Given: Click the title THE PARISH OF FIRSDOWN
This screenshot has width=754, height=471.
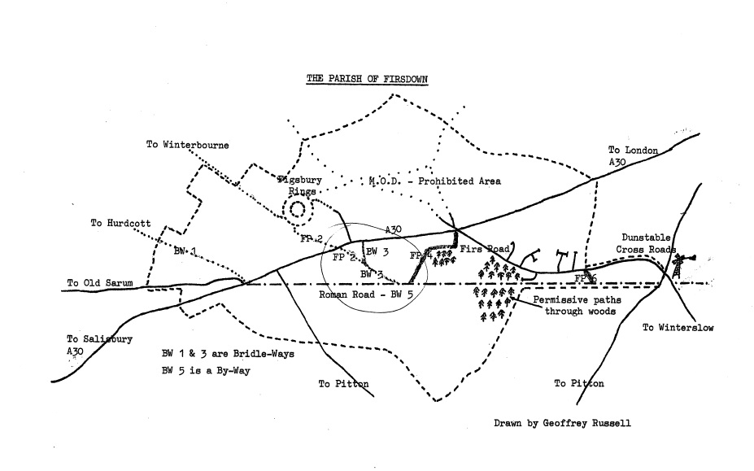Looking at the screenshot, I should pos(367,79).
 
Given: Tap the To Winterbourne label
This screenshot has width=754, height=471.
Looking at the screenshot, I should pos(187,146).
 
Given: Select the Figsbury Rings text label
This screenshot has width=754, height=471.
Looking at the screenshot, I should pos(297,184).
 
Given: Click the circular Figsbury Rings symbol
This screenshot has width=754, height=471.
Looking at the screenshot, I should pos(297,209).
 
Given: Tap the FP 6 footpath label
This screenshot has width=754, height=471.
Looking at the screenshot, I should pos(585,278).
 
